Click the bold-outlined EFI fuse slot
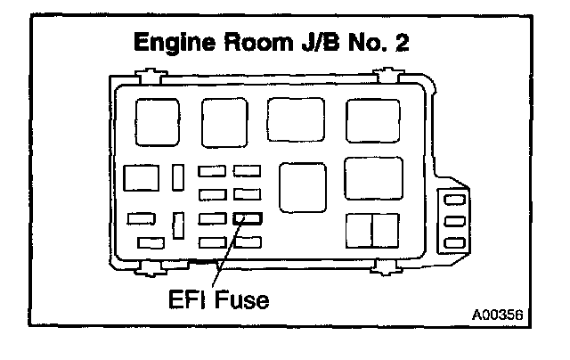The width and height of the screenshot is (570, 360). coord(247,217)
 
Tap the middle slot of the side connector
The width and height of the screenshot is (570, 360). coord(454,221)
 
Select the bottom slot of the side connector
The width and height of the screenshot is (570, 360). coord(454,242)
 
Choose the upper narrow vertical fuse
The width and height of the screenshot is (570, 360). coord(179,176)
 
